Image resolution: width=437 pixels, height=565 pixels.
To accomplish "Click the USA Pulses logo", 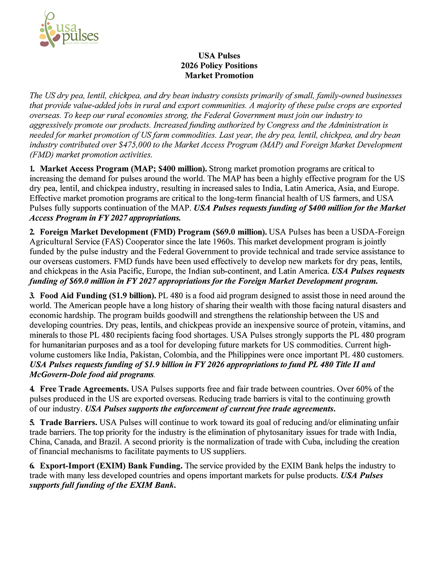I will pyautogui.click(x=69, y=30).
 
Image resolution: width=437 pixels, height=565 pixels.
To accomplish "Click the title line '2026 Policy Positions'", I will pyautogui.click(x=219, y=65).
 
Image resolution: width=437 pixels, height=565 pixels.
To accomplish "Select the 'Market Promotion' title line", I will pyautogui.click(x=219, y=75).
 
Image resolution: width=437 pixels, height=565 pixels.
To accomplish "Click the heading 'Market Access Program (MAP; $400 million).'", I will pyautogui.click(x=123, y=169).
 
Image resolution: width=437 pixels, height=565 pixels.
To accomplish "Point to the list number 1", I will pyautogui.click(x=32, y=169).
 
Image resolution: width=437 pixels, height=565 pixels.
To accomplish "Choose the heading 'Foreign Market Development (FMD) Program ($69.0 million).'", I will pyautogui.click(x=153, y=232).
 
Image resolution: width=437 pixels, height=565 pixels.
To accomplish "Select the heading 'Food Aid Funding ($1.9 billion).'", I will pyautogui.click(x=98, y=295).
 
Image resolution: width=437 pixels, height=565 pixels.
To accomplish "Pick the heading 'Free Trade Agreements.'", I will pyautogui.click(x=84, y=389).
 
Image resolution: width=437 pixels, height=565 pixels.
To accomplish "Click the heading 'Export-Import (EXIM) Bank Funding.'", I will pyautogui.click(x=111, y=466).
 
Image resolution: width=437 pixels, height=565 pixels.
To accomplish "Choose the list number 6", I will pyautogui.click(x=32, y=466).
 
